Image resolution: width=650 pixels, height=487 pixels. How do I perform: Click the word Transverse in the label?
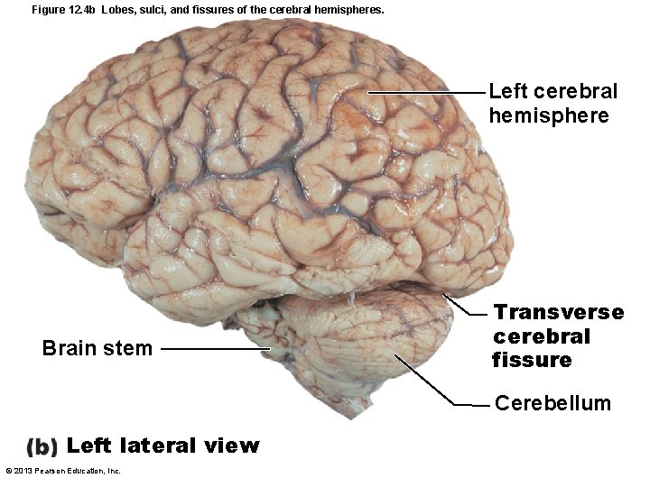tap(558, 313)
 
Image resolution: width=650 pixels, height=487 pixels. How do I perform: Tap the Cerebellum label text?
tap(552, 403)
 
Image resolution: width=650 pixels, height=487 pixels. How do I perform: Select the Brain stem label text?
tap(97, 348)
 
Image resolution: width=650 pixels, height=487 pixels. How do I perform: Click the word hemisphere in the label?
tap(548, 116)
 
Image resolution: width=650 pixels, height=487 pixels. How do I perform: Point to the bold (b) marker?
tap(42, 446)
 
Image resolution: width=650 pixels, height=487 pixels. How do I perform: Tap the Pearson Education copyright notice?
tap(63, 471)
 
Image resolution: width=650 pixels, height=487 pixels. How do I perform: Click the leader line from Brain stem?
tap(217, 349)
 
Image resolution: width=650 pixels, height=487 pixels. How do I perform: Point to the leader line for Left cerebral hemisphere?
tap(424, 93)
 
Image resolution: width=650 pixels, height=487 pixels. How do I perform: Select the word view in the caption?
tap(236, 446)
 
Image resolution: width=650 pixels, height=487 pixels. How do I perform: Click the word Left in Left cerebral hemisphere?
tap(508, 92)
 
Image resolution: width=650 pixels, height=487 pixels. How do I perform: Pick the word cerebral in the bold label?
tap(541, 336)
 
